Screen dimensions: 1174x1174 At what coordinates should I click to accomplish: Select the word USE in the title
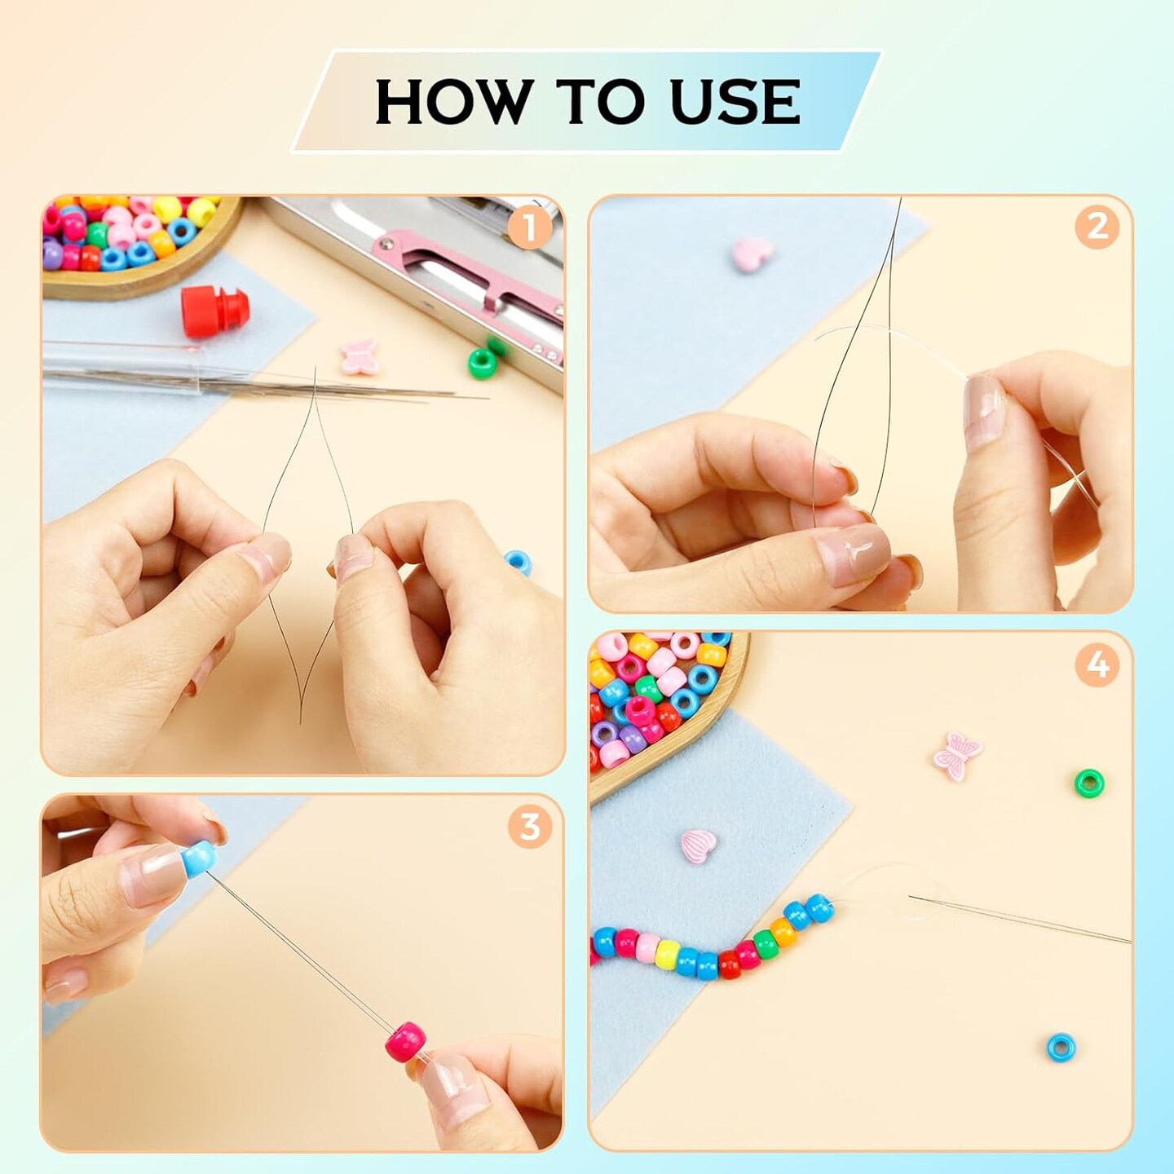[x=735, y=101]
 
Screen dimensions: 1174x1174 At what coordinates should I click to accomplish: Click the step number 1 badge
[x=529, y=228]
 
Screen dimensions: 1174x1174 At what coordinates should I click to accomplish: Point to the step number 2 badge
[x=1097, y=228]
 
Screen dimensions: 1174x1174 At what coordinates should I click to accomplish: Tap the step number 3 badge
[x=529, y=828]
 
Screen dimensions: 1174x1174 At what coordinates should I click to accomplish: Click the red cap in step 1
[x=215, y=311]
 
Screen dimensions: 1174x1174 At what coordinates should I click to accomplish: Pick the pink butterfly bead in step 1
[x=360, y=356]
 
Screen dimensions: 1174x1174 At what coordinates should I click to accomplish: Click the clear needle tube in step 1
[x=121, y=369]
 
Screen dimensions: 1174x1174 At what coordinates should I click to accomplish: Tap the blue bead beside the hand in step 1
[x=519, y=563]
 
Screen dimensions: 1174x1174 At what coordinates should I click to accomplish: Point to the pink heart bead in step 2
[x=753, y=253]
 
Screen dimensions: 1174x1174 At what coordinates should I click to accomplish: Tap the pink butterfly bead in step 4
[x=957, y=757]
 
